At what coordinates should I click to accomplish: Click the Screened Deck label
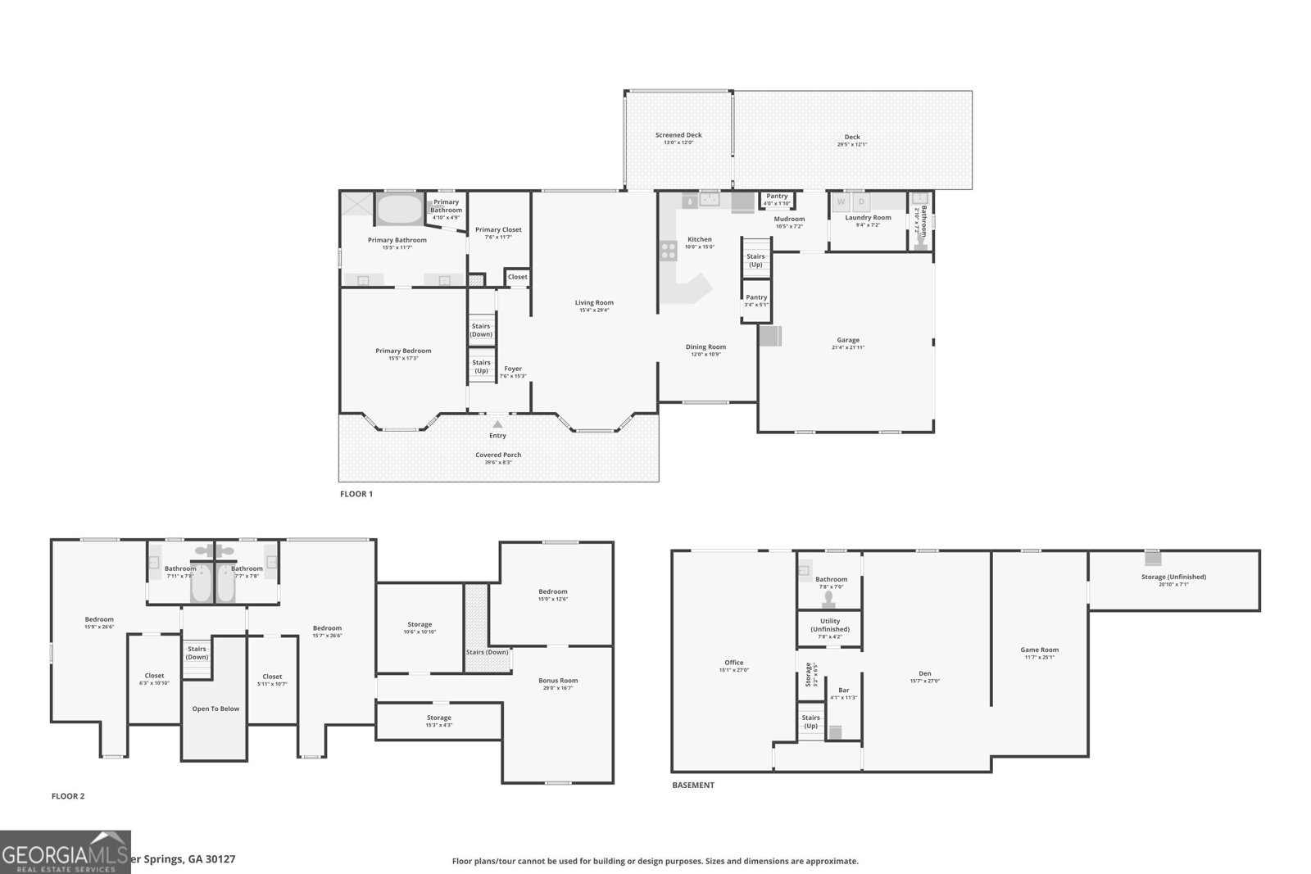tap(678, 135)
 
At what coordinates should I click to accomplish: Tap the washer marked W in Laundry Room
tap(840, 202)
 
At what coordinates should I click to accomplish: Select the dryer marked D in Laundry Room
tap(861, 202)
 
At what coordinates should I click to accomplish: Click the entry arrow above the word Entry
tap(497, 423)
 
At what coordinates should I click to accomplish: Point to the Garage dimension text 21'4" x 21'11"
tap(848, 347)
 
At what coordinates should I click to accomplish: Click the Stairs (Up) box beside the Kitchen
tap(755, 260)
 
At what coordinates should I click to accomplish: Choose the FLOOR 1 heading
tap(356, 494)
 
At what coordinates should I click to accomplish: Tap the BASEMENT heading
tap(693, 785)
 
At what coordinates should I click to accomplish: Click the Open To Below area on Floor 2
tap(215, 709)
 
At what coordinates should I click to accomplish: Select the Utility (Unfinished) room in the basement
tap(830, 628)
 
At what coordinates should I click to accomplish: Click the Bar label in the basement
tap(843, 691)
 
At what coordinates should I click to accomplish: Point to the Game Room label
tap(1039, 650)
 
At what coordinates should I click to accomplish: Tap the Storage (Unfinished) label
tap(1173, 577)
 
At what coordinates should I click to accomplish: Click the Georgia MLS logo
tap(65, 852)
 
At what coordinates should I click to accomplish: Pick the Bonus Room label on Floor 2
tap(558, 680)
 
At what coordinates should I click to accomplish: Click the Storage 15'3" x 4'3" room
tap(438, 721)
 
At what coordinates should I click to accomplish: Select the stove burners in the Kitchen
tap(668, 250)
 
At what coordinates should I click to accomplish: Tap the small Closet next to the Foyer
tap(517, 277)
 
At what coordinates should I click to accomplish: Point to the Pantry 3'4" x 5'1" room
tap(756, 301)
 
